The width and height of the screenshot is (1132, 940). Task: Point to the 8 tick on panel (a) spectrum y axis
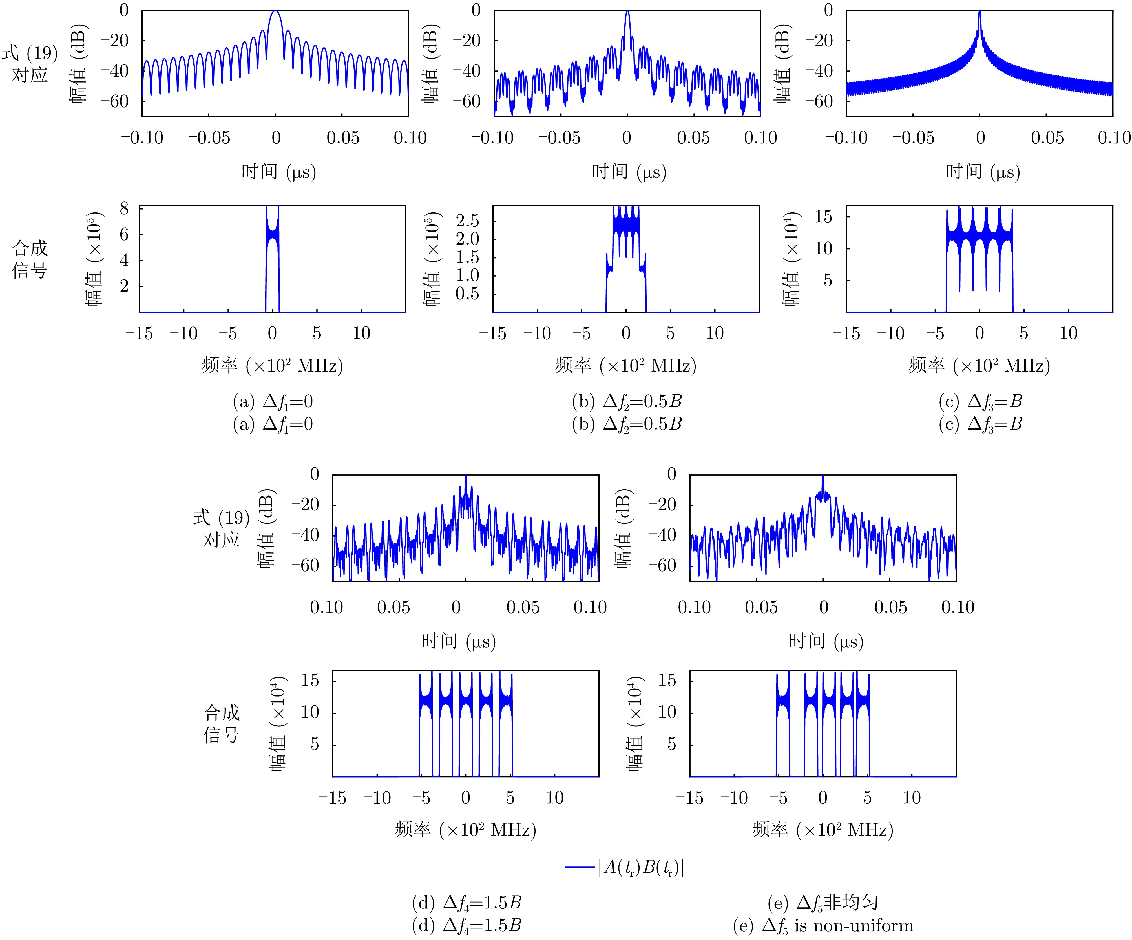click(125, 208)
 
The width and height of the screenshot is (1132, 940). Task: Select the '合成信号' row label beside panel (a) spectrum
click(30, 259)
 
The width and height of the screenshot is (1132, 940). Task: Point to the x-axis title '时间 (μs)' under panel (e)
click(826, 641)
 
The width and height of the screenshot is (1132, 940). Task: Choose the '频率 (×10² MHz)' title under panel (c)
click(980, 366)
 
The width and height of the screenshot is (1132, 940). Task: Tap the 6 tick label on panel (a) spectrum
click(125, 234)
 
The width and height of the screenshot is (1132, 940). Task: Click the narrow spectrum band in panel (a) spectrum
click(272, 237)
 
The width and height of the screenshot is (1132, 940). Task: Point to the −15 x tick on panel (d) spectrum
click(333, 798)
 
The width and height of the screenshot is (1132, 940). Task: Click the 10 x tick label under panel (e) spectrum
click(912, 798)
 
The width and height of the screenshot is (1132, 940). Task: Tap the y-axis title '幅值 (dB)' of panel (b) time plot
click(431, 63)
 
